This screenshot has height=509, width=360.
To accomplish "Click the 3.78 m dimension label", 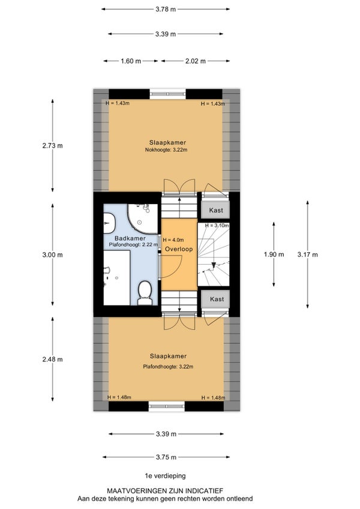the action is pyautogui.click(x=166, y=9).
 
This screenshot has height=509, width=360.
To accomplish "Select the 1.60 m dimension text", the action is pyautogui.click(x=131, y=61).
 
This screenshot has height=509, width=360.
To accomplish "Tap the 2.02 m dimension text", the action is pyautogui.click(x=196, y=61).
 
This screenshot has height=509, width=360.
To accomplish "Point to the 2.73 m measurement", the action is pyautogui.click(x=52, y=146).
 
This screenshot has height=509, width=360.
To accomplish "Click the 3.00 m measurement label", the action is pyautogui.click(x=52, y=255).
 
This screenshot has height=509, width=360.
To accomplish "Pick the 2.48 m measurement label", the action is pyautogui.click(x=52, y=360).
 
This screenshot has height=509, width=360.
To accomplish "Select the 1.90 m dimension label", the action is pyautogui.click(x=274, y=254).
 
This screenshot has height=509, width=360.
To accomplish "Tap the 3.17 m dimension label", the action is pyautogui.click(x=307, y=254).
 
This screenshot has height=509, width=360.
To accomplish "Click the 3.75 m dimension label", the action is pyautogui.click(x=166, y=457).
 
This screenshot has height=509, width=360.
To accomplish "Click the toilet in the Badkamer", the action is pyautogui.click(x=145, y=293).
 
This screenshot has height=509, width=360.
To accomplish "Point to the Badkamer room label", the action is pyautogui.click(x=130, y=239).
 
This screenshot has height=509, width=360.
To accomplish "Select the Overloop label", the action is pyautogui.click(x=179, y=249).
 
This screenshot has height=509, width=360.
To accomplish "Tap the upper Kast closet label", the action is pyautogui.click(x=216, y=210).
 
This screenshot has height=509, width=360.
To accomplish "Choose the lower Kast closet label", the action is pyautogui.click(x=217, y=299).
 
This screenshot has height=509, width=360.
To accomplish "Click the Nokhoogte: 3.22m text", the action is pyautogui.click(x=166, y=150).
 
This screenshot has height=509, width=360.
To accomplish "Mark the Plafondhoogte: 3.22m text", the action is pyautogui.click(x=168, y=367).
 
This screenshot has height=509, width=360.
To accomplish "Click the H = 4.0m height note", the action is pyautogui.click(x=173, y=240).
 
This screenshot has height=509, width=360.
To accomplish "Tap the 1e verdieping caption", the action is pyautogui.click(x=165, y=476).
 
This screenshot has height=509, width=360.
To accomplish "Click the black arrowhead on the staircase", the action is pyautogui.click(x=214, y=265).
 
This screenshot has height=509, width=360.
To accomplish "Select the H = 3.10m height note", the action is pyautogui.click(x=217, y=225).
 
